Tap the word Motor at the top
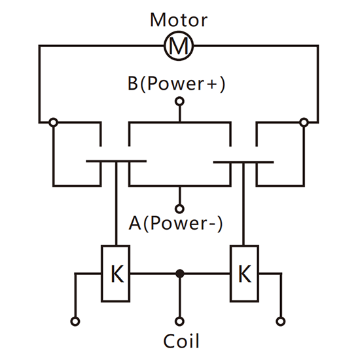(x=179, y=20)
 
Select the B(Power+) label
(x=176, y=84)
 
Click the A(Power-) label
(x=176, y=223)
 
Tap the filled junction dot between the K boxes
(x=180, y=274)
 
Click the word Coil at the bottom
(x=181, y=341)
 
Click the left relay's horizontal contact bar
(x=116, y=161)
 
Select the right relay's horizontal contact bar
(x=243, y=162)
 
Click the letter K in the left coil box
(x=117, y=274)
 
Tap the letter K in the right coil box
(x=245, y=274)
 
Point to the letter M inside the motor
(x=179, y=46)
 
